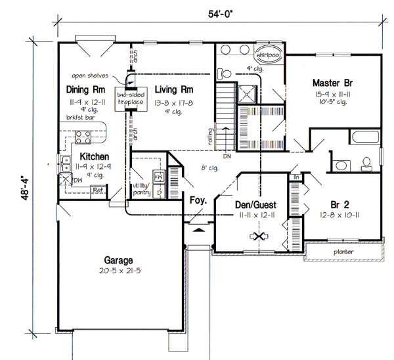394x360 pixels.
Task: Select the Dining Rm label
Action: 86,90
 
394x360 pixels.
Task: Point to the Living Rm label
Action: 173,89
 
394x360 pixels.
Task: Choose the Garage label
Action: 118,259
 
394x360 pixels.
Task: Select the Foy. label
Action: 199,200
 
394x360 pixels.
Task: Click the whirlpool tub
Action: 268,55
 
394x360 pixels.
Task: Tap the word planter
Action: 343,251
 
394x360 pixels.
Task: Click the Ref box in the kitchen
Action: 97,191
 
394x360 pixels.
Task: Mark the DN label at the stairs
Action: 226,156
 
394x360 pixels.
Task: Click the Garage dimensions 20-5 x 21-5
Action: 118,271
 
